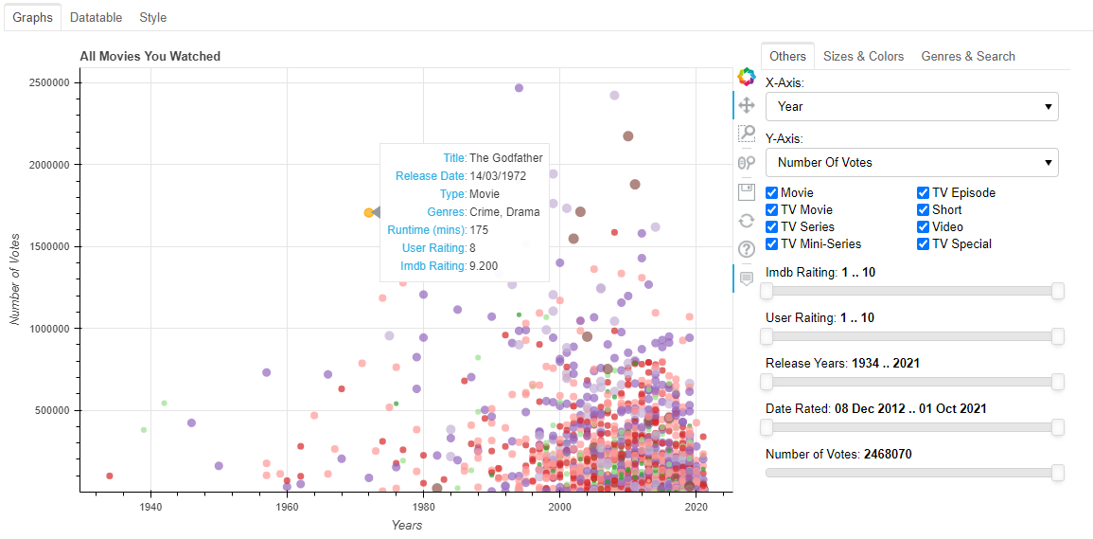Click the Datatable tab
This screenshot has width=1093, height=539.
coord(96,17)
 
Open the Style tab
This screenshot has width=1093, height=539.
coord(152,17)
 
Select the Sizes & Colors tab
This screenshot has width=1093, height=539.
coord(863,56)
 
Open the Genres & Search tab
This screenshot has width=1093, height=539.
coord(968,56)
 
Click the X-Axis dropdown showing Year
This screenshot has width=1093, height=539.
coord(911,107)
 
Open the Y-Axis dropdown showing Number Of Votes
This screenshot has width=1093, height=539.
coord(911,162)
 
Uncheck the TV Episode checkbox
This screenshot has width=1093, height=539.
coord(923,193)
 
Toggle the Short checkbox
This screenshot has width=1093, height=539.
coord(923,210)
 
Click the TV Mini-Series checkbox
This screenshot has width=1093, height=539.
coord(771,244)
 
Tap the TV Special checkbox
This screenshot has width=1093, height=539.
coord(923,244)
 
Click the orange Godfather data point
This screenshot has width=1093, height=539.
coord(368,213)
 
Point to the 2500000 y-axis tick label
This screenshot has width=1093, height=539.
coord(44,82)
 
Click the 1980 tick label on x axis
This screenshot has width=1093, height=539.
coord(423,507)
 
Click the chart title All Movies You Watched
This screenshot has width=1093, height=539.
coord(150,56)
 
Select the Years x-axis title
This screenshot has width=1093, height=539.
coord(407,525)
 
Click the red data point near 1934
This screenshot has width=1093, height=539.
coord(110,476)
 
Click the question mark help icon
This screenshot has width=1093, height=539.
coord(746,249)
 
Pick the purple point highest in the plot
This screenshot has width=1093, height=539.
coord(519,88)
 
